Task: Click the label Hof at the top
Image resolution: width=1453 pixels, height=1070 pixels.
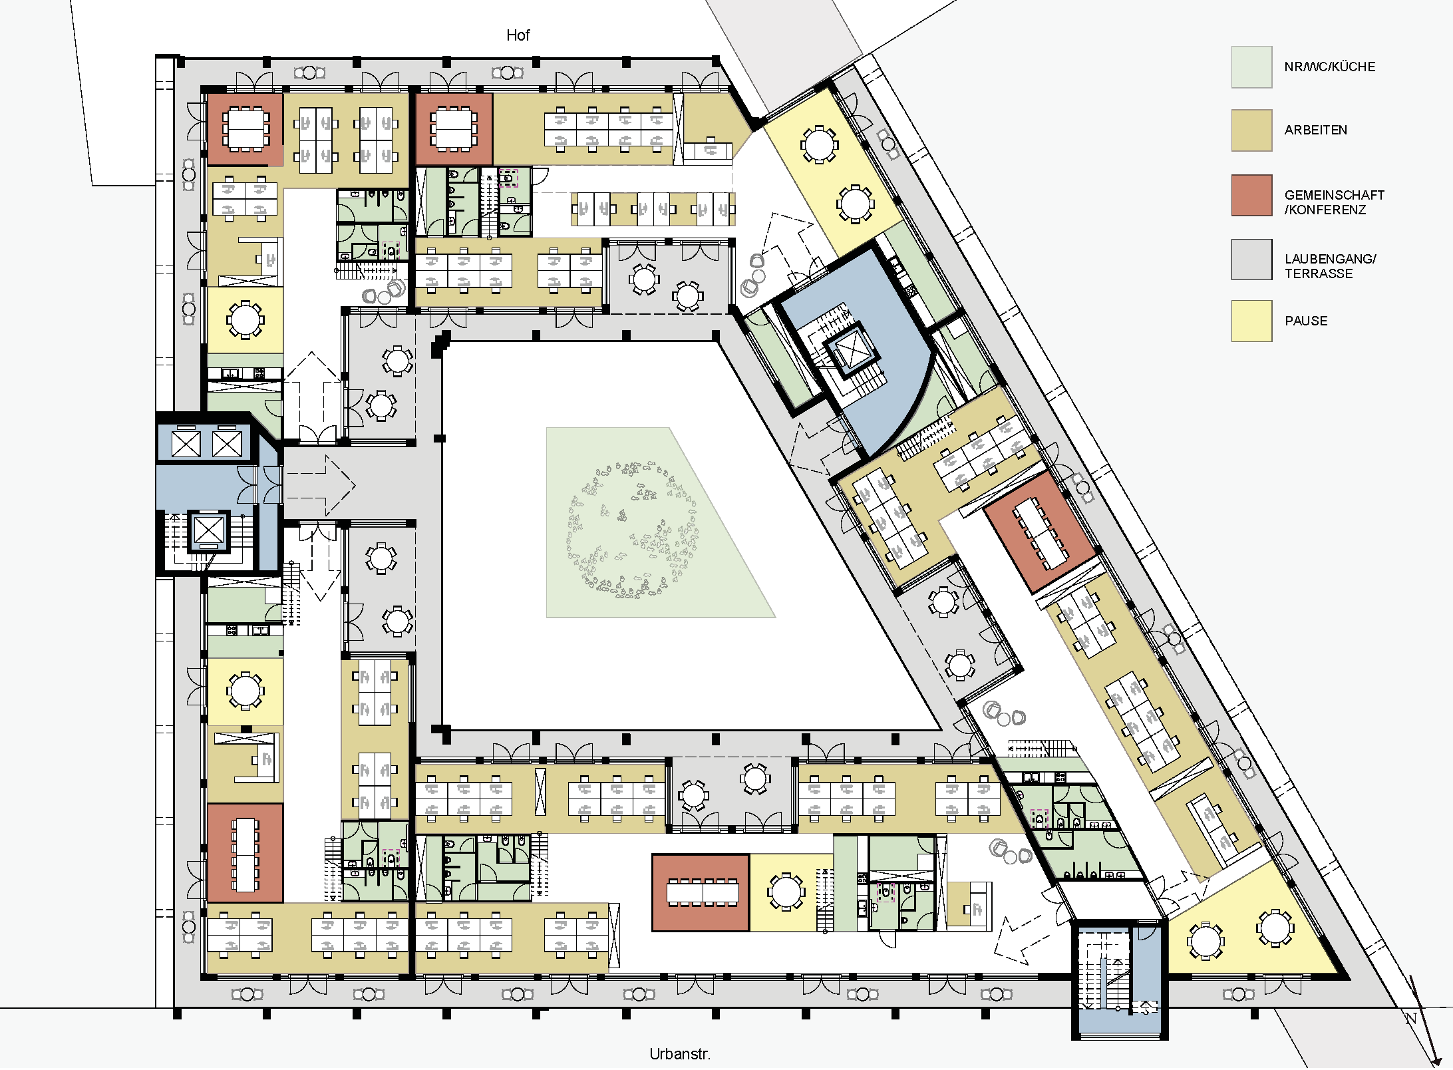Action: [x=518, y=35]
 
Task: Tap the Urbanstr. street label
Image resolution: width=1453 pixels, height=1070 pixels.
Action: [x=680, y=1054]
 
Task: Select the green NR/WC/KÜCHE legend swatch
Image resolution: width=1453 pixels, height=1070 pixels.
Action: [x=1251, y=67]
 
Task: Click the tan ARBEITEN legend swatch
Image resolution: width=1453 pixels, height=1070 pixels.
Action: [x=1251, y=130]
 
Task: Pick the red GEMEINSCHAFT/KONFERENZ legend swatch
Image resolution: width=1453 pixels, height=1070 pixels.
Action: [x=1251, y=195]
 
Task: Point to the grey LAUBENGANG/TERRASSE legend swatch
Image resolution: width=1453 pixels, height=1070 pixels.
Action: [x=1251, y=260]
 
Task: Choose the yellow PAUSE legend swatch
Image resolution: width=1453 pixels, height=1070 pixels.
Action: [x=1251, y=321]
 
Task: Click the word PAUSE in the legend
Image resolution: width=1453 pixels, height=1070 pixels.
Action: [x=1306, y=321]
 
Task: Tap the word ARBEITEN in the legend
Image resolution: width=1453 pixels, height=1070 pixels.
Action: [x=1315, y=130]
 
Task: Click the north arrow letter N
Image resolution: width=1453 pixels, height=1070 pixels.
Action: [x=1410, y=1018]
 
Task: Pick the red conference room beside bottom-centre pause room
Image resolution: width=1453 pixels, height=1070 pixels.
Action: [x=701, y=893]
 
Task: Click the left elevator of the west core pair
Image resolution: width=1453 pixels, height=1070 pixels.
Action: [x=186, y=444]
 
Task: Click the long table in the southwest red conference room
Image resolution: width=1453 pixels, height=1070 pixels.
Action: [x=245, y=854]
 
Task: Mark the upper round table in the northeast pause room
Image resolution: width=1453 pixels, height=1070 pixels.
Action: [x=819, y=144]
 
